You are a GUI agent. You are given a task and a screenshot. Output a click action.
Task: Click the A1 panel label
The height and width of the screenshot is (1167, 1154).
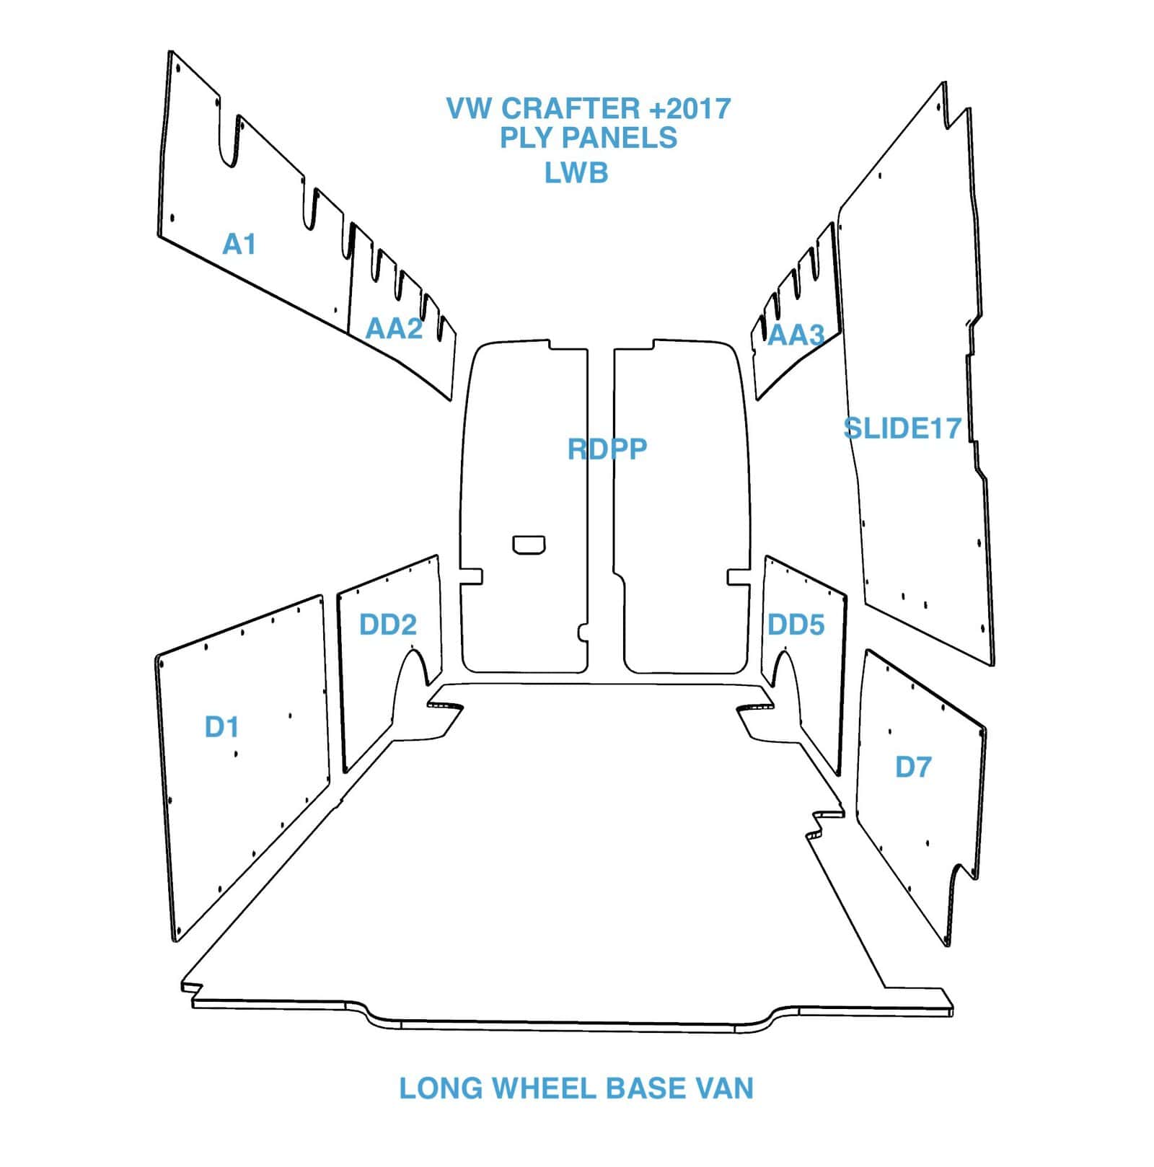pyautogui.click(x=239, y=245)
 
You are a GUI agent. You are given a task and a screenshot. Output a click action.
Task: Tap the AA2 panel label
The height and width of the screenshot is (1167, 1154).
pyautogui.click(x=394, y=328)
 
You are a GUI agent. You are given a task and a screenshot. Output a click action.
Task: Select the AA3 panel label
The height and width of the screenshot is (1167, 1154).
pyautogui.click(x=796, y=335)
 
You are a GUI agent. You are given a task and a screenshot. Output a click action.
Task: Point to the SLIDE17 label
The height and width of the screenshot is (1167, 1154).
pyautogui.click(x=902, y=428)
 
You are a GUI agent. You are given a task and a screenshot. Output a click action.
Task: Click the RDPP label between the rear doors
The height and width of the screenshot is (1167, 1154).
pyautogui.click(x=607, y=449)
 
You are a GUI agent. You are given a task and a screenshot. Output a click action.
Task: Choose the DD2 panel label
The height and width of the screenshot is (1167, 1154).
pyautogui.click(x=388, y=625)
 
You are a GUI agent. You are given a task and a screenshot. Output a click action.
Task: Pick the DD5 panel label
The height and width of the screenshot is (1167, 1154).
pyautogui.click(x=796, y=625)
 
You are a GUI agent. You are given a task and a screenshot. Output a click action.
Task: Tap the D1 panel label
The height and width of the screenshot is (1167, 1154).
pyautogui.click(x=221, y=727)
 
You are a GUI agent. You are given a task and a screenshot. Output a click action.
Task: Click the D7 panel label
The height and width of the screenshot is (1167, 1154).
pyautogui.click(x=913, y=767)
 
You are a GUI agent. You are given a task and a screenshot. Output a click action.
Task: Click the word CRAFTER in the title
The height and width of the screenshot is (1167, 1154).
pyautogui.click(x=570, y=109)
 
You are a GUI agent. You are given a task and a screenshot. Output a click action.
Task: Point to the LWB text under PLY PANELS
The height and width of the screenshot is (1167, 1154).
pyautogui.click(x=576, y=173)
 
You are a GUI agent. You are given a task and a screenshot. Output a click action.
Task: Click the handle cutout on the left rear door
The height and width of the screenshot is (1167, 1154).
pyautogui.click(x=529, y=545)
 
